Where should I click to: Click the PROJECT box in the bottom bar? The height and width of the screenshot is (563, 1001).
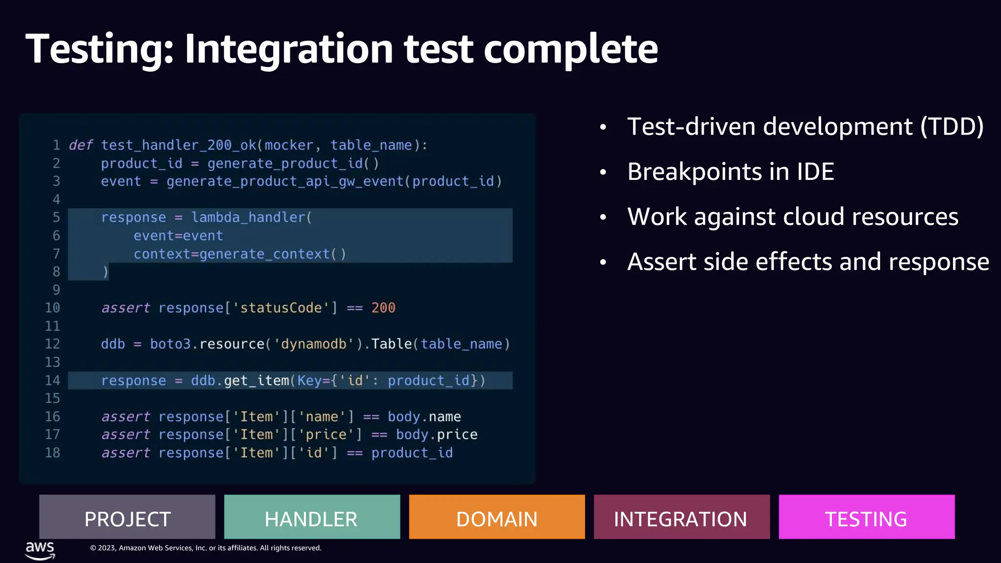pyautogui.click(x=127, y=517)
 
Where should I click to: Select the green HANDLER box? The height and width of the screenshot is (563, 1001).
pyautogui.click(x=312, y=517)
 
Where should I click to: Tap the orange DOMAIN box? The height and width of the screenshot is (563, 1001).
pyautogui.click(x=497, y=517)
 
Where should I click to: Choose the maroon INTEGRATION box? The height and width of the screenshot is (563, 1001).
pyautogui.click(x=681, y=517)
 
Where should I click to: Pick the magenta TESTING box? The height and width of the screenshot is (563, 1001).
pyautogui.click(x=866, y=517)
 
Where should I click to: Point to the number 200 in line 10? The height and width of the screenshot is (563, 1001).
pyautogui.click(x=383, y=308)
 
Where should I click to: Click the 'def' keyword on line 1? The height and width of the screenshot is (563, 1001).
pyautogui.click(x=81, y=145)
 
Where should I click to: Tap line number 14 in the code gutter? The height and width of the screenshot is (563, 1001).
pyautogui.click(x=52, y=380)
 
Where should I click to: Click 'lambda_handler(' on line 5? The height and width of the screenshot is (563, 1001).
pyautogui.click(x=251, y=217)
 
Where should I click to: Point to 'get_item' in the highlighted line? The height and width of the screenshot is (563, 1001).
pyautogui.click(x=257, y=380)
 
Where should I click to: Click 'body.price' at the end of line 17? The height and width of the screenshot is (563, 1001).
pyautogui.click(x=436, y=434)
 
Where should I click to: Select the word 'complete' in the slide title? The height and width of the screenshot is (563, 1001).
pyautogui.click(x=570, y=49)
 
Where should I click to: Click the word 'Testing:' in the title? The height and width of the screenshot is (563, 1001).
pyautogui.click(x=100, y=49)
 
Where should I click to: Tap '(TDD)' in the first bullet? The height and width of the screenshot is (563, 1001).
pyautogui.click(x=952, y=127)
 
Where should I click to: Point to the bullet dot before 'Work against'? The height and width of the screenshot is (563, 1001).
pyautogui.click(x=603, y=217)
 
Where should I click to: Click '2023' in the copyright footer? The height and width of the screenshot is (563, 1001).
pyautogui.click(x=107, y=548)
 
